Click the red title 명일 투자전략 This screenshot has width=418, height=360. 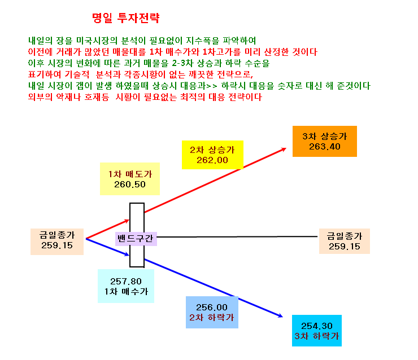tap(125, 18)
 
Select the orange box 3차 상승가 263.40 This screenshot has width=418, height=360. tap(325, 142)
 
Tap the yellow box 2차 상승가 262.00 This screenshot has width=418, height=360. tap(212, 155)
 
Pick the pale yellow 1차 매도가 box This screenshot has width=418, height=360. tap(130, 179)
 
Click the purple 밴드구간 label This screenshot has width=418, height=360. tap(136, 239)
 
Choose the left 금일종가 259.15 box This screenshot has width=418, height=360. tap(57, 242)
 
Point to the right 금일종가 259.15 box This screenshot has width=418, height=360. tap(345, 242)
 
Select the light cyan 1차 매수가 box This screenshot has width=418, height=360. tap(126, 286)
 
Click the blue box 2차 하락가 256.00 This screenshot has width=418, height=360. tap(212, 313)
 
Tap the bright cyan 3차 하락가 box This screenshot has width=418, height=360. tap(317, 331)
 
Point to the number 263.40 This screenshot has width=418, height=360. tap(325, 147)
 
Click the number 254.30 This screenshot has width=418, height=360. tap(317, 326)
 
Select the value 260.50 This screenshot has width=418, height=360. tap(130, 185)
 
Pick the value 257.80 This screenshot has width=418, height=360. tap(126, 282)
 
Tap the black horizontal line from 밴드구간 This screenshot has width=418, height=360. tap(237, 236)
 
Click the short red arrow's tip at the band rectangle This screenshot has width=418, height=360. tap(129, 220)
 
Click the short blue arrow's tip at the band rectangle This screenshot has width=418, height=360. tap(129, 255)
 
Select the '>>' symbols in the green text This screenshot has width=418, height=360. tap(212, 86)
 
